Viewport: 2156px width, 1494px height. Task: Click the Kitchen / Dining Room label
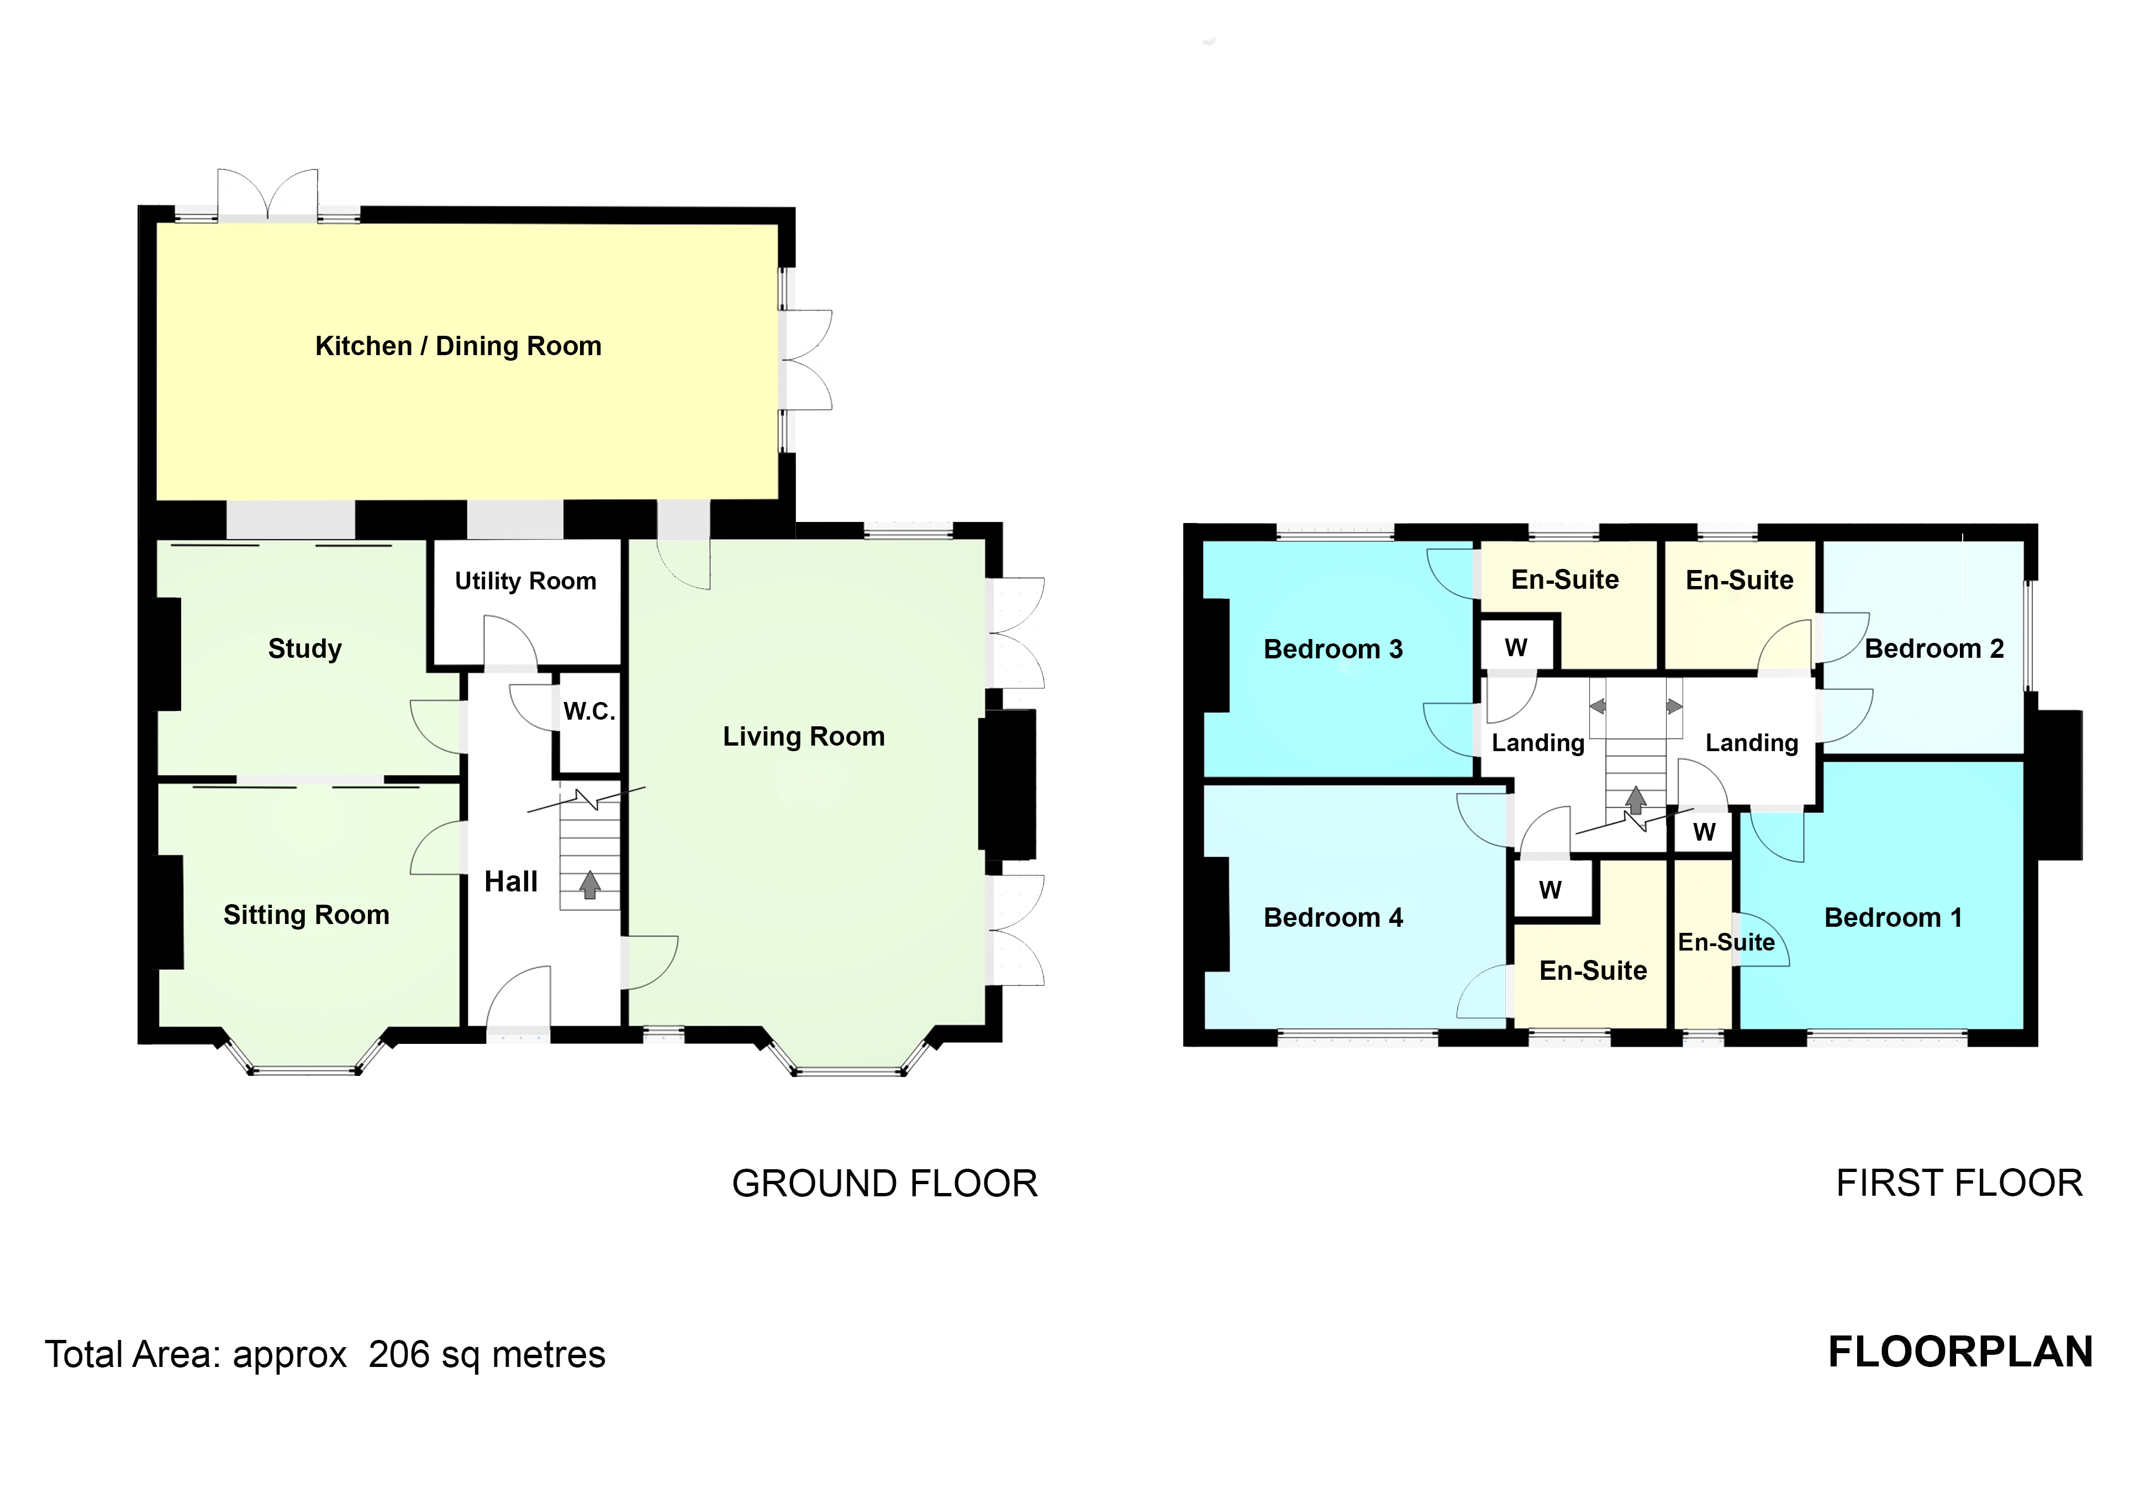(458, 346)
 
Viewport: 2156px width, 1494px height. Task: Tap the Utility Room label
(525, 582)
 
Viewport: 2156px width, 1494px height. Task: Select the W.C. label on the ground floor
(589, 711)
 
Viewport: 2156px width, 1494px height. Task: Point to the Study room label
(304, 649)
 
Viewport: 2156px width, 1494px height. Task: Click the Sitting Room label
(306, 915)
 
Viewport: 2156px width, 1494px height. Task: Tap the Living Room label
(803, 737)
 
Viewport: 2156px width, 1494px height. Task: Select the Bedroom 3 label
(1333, 649)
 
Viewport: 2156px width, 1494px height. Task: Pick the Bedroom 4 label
(1333, 917)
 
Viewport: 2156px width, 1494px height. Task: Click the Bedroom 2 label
(1934, 649)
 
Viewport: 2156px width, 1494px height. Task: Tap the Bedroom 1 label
(1893, 917)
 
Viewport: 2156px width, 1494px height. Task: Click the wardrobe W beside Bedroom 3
(1516, 647)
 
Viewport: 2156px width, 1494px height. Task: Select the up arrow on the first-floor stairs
(1636, 799)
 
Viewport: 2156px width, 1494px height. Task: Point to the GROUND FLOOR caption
(885, 1183)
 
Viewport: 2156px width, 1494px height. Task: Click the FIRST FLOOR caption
(1959, 1183)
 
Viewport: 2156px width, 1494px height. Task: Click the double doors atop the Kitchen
(268, 195)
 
